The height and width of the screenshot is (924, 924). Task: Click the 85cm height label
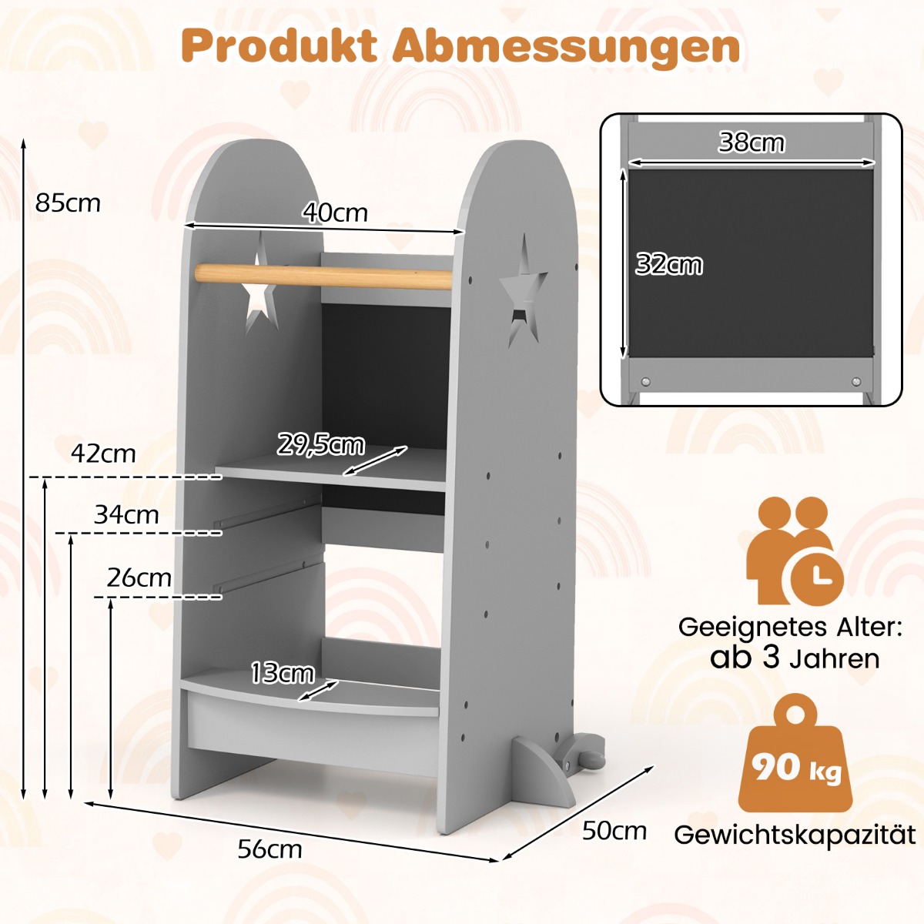(68, 203)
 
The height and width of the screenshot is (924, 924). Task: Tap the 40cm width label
(335, 213)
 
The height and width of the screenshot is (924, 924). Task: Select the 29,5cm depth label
(320, 445)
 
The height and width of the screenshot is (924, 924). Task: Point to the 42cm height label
(103, 454)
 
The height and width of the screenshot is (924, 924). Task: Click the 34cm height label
(126, 514)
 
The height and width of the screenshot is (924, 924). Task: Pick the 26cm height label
(139, 577)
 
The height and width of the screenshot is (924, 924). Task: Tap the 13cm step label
(282, 674)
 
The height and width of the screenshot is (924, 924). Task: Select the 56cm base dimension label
(269, 849)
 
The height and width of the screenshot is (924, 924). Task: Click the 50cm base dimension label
(614, 831)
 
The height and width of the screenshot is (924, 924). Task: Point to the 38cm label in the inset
(751, 142)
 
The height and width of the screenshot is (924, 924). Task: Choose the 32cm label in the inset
(669, 265)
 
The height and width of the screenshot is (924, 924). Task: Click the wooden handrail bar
(323, 276)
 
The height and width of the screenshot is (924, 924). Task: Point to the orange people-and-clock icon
(793, 551)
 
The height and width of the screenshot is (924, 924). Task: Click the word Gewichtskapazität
(795, 835)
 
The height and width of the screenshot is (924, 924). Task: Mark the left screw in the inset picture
(646, 382)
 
